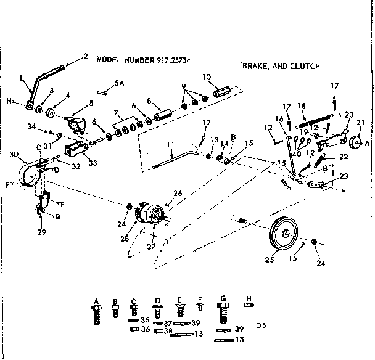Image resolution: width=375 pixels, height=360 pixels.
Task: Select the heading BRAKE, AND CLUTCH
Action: click(280, 66)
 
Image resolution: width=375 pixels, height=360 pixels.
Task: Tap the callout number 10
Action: click(207, 78)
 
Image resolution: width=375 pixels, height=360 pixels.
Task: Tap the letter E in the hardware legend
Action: click(179, 300)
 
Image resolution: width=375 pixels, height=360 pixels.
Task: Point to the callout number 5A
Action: click(119, 82)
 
